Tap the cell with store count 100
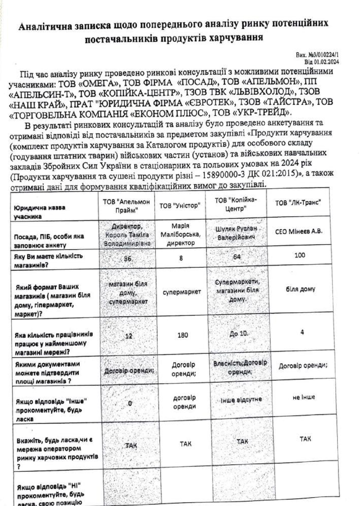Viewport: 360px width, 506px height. pyautogui.click(x=300, y=255)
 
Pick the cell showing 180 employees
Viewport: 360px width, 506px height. pyautogui.click(x=183, y=335)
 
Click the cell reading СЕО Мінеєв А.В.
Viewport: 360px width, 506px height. pyautogui.click(x=299, y=232)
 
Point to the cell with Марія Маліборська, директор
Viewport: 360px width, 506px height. pyautogui.click(x=180, y=234)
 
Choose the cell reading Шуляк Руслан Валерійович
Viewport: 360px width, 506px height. pyautogui.click(x=236, y=233)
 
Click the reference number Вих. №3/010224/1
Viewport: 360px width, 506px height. pyautogui.click(x=317, y=55)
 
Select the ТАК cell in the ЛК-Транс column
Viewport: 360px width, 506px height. pyautogui.click(x=305, y=439)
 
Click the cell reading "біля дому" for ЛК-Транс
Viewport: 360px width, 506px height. pyautogui.click(x=300, y=289)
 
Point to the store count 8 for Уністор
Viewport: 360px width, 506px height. pyautogui.click(x=181, y=258)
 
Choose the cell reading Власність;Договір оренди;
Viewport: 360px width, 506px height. pyautogui.click(x=240, y=367)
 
